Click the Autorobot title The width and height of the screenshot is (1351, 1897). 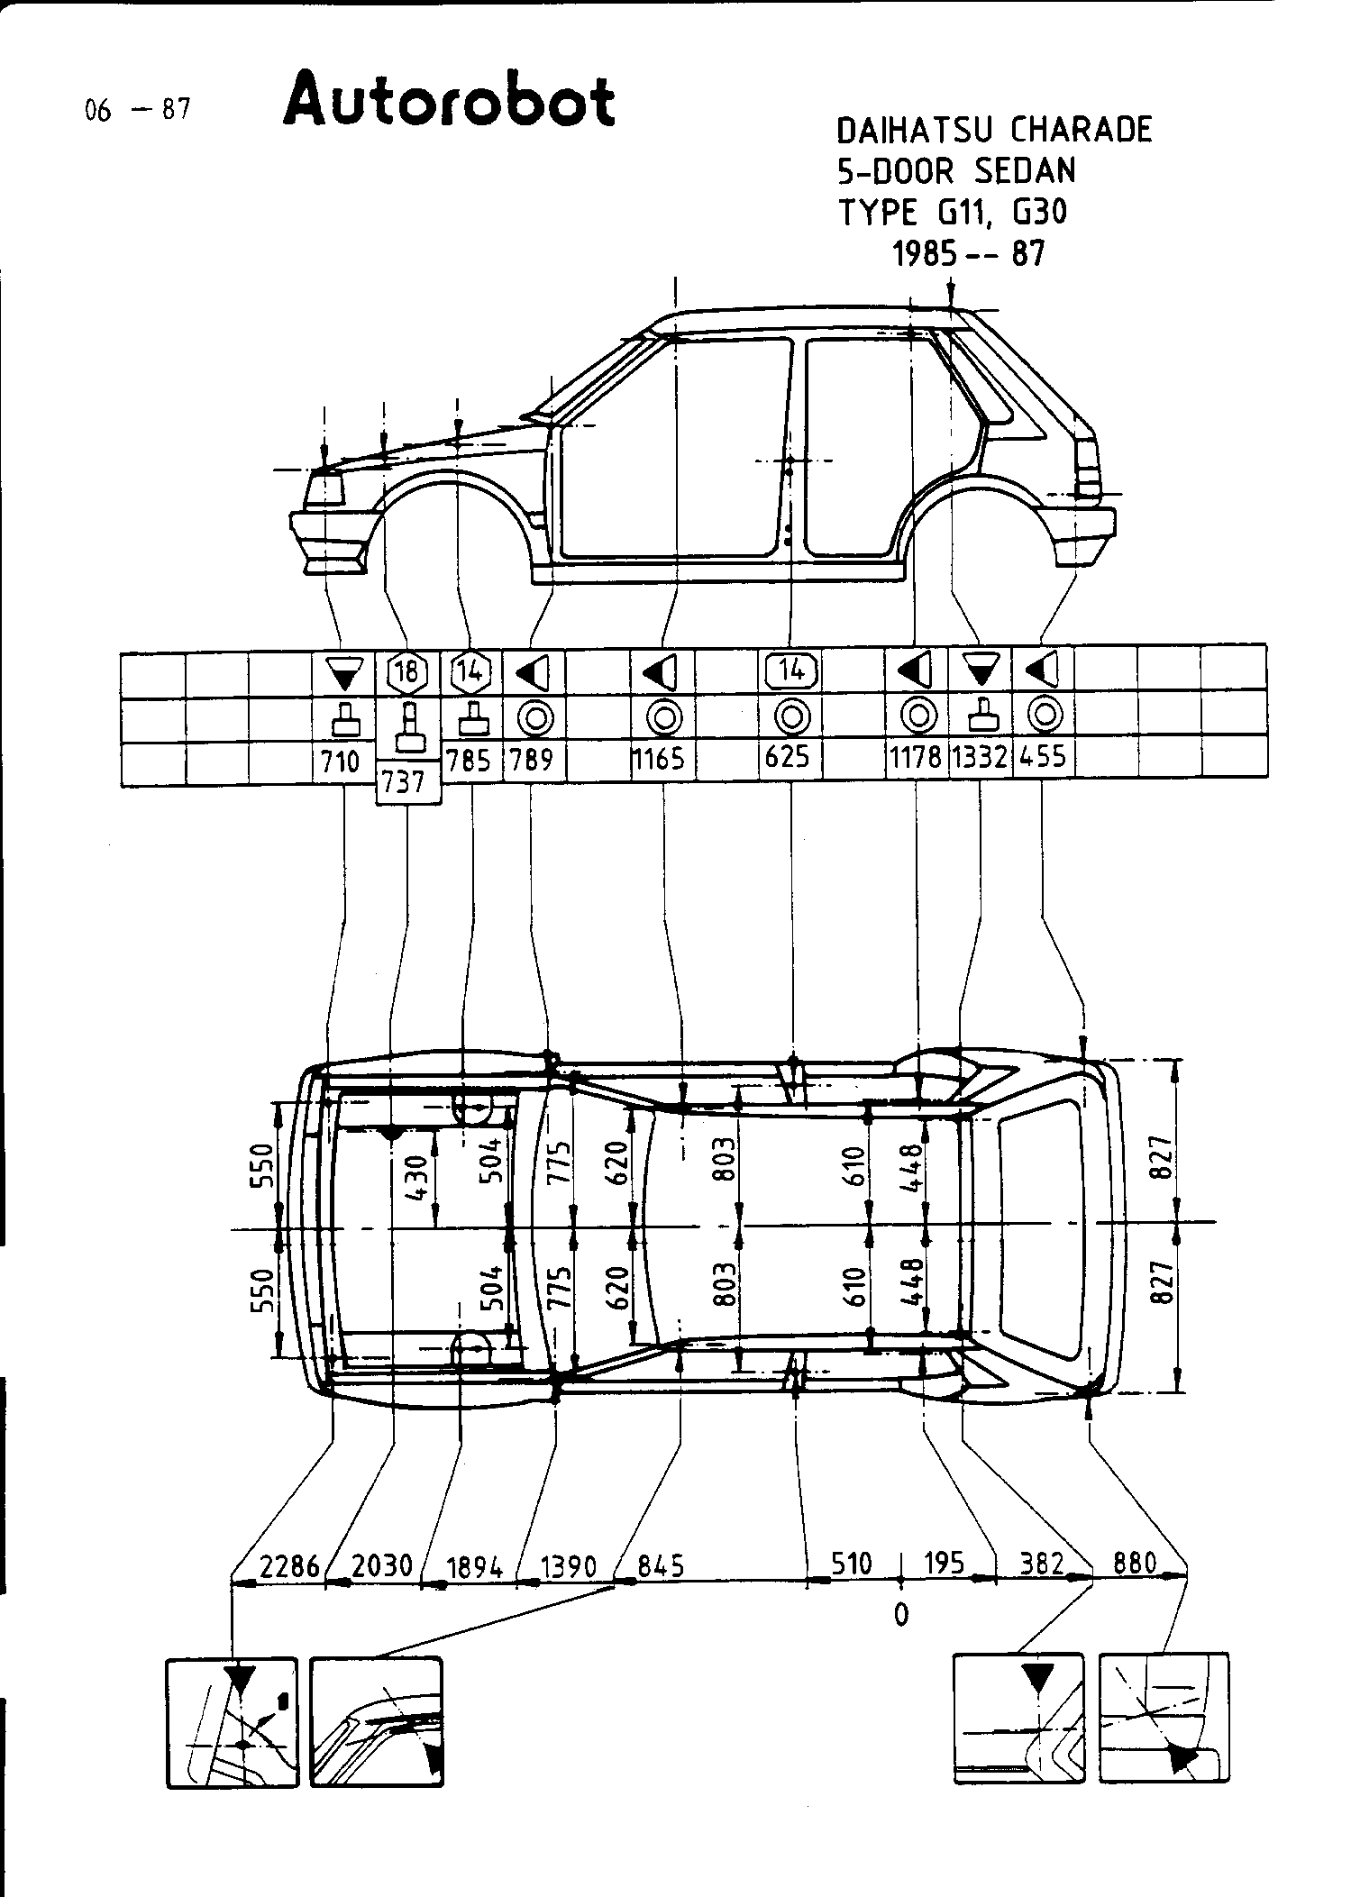pos(449,101)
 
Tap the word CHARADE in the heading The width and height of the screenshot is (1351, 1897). pos(1081,130)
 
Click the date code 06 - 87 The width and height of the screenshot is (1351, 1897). pos(137,110)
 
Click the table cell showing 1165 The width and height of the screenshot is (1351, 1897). pos(662,759)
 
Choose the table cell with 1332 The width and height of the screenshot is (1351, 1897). pos(980,758)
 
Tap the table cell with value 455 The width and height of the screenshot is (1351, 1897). pos(1044,757)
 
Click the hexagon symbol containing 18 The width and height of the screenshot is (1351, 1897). pos(407,672)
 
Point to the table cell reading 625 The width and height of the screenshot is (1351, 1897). pos(790,758)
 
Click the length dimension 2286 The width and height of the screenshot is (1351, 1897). pos(289,1565)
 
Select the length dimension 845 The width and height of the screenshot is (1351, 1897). pos(661,1565)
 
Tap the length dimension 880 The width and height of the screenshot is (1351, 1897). pos(1135,1562)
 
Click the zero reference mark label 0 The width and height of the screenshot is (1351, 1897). pos(901,1614)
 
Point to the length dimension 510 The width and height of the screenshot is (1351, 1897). pos(851,1563)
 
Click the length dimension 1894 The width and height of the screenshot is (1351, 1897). pos(474,1567)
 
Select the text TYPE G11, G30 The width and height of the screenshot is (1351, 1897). pos(953,214)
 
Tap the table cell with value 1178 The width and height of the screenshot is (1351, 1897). pos(917,758)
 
